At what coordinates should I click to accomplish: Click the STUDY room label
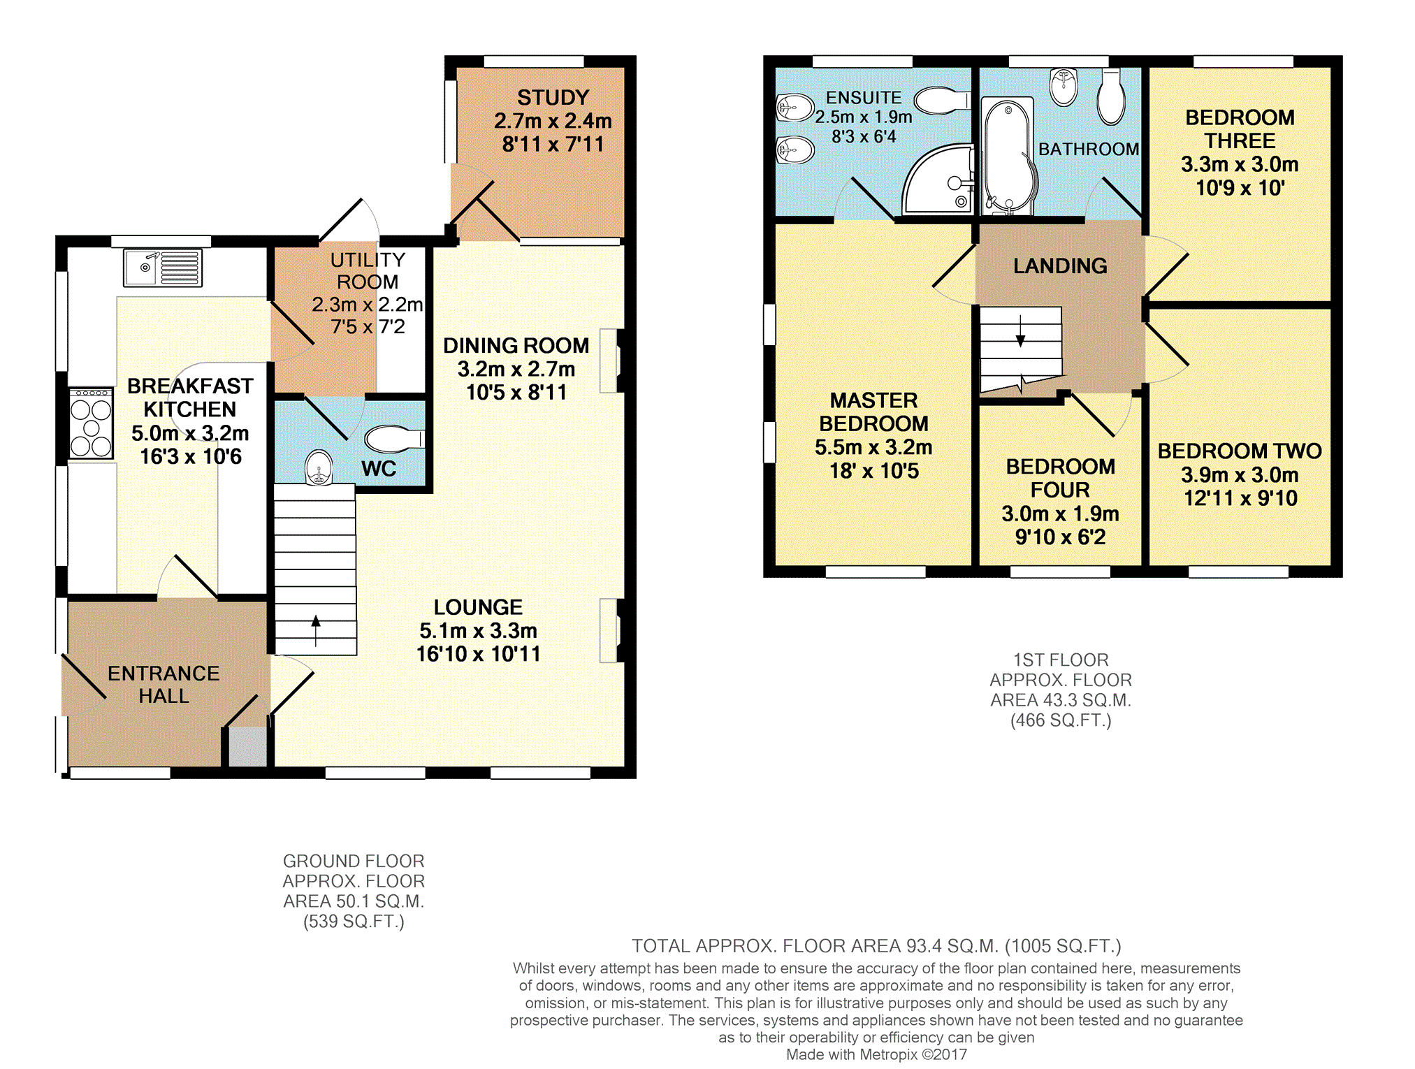coord(553,98)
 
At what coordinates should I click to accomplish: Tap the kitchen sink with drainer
coord(163,268)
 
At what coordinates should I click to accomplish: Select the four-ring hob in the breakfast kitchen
coord(91,423)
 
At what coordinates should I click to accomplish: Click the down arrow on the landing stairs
coord(1020,332)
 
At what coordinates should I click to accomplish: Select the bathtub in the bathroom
coord(1008,155)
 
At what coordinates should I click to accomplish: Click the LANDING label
coord(1060,266)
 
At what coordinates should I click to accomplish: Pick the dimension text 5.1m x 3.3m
coord(478,631)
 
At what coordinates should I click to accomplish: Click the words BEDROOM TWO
coord(1240,451)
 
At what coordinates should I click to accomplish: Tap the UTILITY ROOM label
coord(368,271)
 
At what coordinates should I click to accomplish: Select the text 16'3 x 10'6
coord(191,457)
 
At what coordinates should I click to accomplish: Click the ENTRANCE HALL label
coord(164,685)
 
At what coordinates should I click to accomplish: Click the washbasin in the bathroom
coord(1064,87)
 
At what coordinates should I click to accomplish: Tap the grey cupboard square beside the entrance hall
coord(248,747)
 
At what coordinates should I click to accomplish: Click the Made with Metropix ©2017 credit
coord(876,1054)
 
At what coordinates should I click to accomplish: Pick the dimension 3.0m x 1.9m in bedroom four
coord(1060,514)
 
